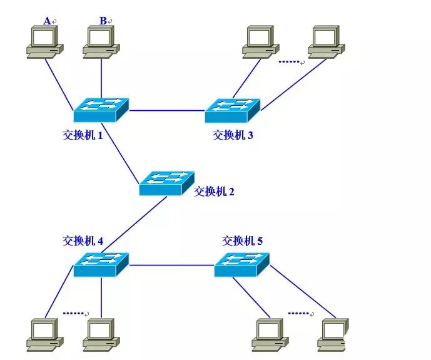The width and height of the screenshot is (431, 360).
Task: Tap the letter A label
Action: point(47,21)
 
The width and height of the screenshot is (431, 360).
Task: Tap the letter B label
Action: point(103,21)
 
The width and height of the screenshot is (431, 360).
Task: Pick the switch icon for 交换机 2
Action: point(166,183)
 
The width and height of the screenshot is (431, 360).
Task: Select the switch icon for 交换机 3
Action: point(232,110)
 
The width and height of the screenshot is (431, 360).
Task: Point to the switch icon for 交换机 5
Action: point(241,264)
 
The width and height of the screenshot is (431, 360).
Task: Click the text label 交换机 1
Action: point(83,135)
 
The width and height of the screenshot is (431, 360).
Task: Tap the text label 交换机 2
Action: point(214,192)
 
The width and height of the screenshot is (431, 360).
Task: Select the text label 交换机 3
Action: point(233,135)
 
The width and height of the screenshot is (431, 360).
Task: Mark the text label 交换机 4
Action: point(83,240)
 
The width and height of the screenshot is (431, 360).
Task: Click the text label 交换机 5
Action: point(242,240)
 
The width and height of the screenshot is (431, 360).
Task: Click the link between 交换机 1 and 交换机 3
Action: point(166,110)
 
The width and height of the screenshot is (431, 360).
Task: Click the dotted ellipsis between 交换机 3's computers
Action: point(290,62)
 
